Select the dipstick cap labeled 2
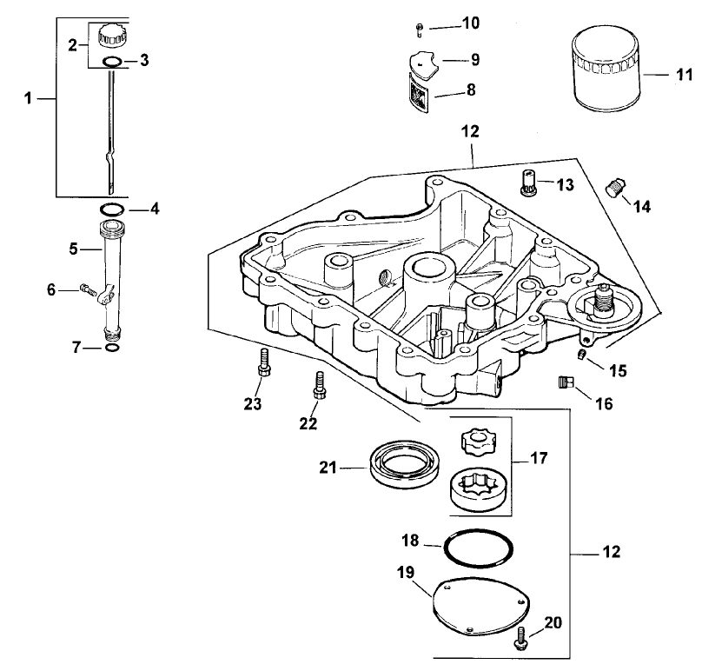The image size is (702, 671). pyautogui.click(x=112, y=37)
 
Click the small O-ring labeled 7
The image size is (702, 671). pyautogui.click(x=111, y=348)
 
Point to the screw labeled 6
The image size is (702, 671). pyautogui.click(x=84, y=289)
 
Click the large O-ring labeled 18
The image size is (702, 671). pyautogui.click(x=478, y=549)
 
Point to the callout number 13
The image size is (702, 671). pyautogui.click(x=565, y=184)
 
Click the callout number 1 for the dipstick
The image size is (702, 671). pyautogui.click(x=29, y=99)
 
